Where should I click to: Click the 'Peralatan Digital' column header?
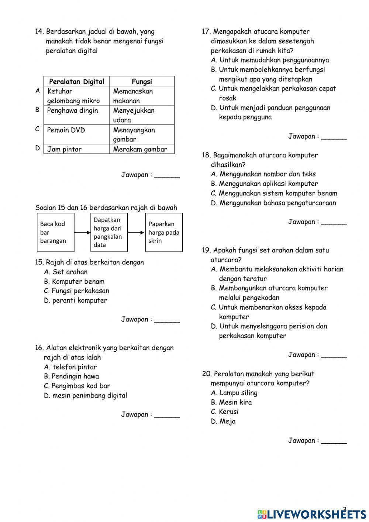pos(76,81)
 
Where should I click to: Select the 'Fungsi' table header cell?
pos(142,81)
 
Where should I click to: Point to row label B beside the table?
pos(37,110)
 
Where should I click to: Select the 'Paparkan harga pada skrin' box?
pos(163,232)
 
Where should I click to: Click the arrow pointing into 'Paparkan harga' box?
pos(136,233)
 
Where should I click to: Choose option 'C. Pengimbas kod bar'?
pos(77,386)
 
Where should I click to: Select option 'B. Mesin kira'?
pos(231,402)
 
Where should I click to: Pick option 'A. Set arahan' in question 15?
pos(66,272)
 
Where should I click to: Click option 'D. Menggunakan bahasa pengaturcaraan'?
pos(273,203)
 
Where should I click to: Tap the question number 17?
pos(206,32)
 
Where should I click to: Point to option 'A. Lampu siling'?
pos(234,393)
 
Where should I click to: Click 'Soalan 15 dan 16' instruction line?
pos(106,208)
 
